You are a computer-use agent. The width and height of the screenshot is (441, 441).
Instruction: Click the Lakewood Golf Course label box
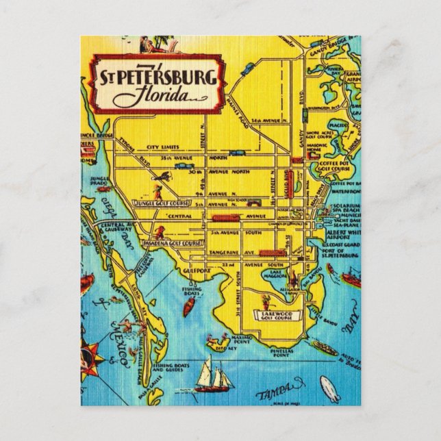point(275,313)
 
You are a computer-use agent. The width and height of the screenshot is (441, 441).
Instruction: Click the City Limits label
point(157,147)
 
